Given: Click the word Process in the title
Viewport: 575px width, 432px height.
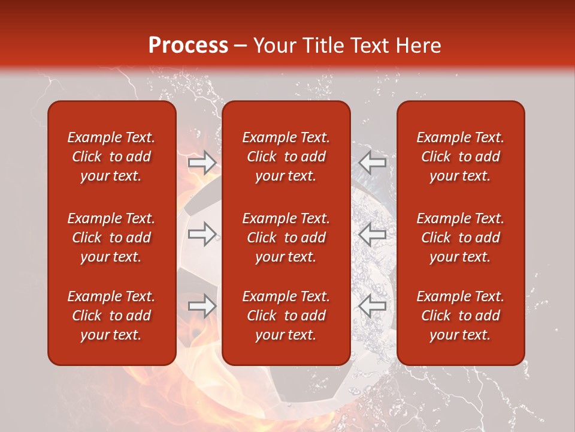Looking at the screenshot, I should pos(188,46).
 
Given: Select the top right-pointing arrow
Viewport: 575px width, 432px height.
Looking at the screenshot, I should pos(202,163).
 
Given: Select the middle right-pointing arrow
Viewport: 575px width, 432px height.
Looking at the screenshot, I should pos(202,234).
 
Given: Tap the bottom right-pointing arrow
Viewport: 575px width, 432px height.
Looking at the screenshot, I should pos(202,306).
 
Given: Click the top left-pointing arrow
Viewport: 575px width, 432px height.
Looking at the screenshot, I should pos(373,163).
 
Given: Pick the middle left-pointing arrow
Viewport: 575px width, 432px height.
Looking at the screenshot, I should pos(373,234).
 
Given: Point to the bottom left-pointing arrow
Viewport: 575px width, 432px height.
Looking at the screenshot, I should pos(373,306).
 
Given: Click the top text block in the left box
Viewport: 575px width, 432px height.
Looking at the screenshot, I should pos(111,157).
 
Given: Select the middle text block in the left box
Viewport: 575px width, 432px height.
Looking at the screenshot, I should pos(111,238).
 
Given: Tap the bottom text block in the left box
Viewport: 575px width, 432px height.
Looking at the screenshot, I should pos(111,316).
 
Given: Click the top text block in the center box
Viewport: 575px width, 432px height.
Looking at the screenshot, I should pos(286,157).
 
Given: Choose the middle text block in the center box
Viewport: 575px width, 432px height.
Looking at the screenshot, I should pos(286,238).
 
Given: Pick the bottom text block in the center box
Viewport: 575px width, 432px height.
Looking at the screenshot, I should pos(286,316).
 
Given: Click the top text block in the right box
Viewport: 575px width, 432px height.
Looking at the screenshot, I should pos(460,157).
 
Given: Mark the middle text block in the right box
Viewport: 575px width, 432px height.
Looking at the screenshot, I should pos(460,238).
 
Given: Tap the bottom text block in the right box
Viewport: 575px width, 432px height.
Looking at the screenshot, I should pos(460,316).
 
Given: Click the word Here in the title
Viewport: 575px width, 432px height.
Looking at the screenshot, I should pos(419,46).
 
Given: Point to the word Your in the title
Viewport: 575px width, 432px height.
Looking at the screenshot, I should pos(274,46).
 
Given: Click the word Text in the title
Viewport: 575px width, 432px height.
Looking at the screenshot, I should pos(369,46).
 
